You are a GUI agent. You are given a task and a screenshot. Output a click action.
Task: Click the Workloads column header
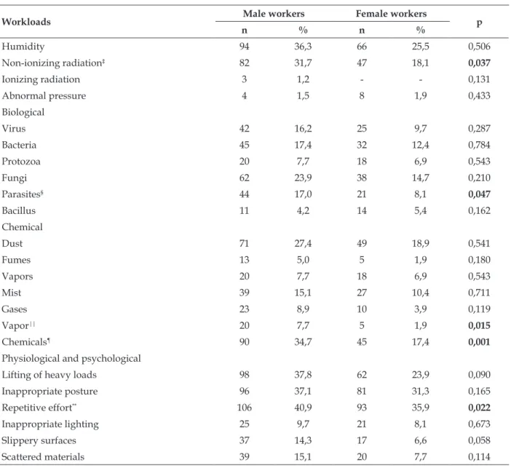coord(26,22)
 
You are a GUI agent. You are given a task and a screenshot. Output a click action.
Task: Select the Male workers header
coord(274,14)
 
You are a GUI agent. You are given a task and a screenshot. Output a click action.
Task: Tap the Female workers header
coord(391,14)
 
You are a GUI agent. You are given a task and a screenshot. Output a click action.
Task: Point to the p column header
coord(479,23)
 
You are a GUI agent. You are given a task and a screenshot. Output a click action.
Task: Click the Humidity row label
coord(23,47)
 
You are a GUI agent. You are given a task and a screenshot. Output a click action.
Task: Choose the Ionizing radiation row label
coord(41,79)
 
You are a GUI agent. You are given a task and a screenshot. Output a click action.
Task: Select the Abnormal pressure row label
coord(44,96)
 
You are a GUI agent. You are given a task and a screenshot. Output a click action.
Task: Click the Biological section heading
coord(23,112)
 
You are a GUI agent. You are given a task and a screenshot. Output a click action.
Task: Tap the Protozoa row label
coord(21,162)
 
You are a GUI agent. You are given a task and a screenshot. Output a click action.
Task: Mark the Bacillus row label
coord(19,210)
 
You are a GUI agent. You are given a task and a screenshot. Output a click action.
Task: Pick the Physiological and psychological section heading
coord(71,359)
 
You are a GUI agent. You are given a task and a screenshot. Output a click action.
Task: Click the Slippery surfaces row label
coord(39,440)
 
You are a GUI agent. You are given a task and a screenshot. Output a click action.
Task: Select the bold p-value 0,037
coord(479,63)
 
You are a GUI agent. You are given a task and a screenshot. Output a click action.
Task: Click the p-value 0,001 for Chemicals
coord(479,342)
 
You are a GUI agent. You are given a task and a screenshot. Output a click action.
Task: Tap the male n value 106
coord(245,408)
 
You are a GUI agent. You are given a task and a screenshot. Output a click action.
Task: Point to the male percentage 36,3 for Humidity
coord(303,47)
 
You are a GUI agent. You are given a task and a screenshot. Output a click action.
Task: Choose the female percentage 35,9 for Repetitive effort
coord(421,408)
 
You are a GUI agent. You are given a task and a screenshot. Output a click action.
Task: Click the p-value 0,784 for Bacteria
coord(479,145)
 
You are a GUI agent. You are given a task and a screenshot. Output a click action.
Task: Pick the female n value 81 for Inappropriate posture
coord(362,391)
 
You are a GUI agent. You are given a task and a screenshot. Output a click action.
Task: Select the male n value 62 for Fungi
coord(245,178)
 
